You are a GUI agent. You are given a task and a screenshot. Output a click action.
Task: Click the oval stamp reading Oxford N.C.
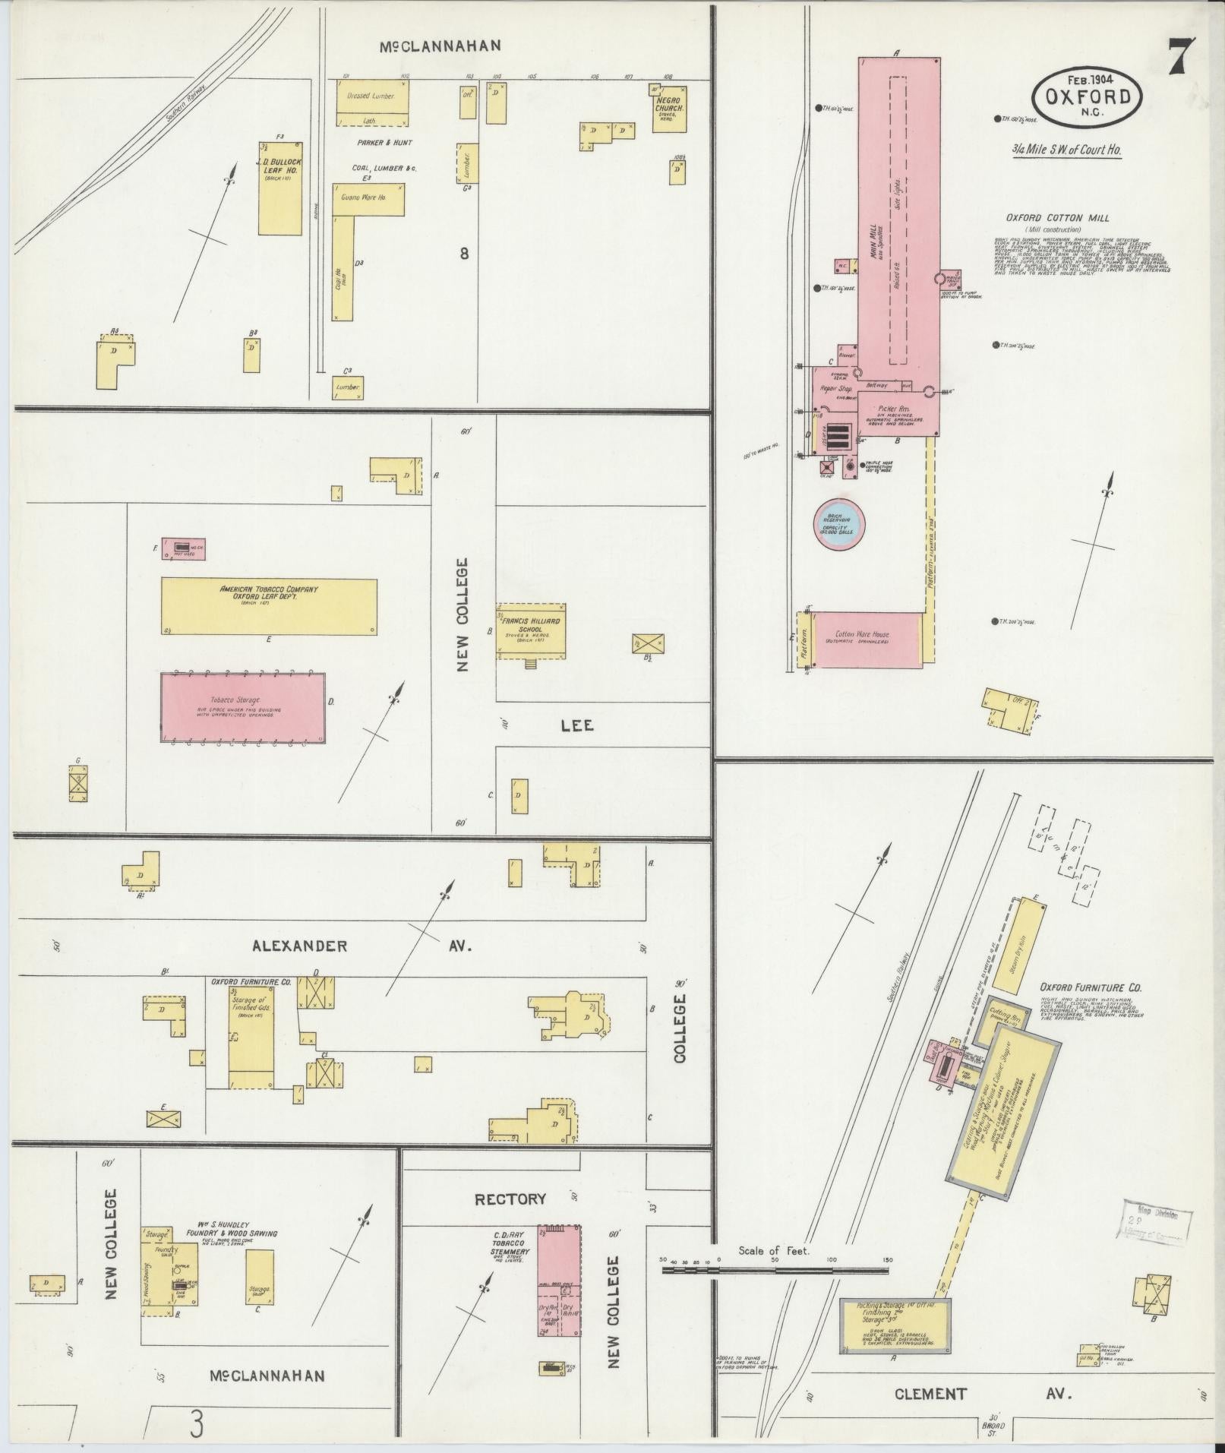[1088, 96]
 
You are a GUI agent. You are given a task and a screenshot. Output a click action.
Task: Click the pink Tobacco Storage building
[243, 707]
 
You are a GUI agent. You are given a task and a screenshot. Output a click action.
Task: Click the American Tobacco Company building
[269, 606]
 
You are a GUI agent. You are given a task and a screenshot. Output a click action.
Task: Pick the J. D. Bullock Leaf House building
[280, 188]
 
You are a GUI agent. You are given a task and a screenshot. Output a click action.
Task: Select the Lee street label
[577, 725]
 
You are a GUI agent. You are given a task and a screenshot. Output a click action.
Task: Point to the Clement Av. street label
[981, 1394]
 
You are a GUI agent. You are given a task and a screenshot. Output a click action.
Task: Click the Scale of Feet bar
[775, 1268]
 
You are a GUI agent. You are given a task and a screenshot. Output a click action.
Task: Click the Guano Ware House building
[368, 198]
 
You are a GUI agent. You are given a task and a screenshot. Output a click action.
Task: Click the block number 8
[463, 254]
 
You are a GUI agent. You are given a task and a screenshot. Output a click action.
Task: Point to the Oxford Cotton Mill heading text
[1057, 217]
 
